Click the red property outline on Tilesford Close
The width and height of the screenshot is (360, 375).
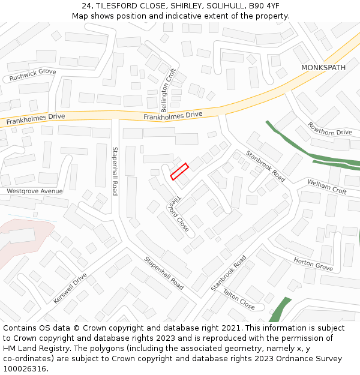click(x=179, y=172)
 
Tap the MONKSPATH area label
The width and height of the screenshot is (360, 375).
click(x=323, y=68)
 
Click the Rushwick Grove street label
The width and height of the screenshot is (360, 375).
click(x=32, y=75)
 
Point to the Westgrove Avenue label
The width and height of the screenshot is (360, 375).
click(x=35, y=191)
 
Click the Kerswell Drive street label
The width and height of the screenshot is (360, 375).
click(x=70, y=288)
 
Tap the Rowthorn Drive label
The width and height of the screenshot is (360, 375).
click(x=330, y=128)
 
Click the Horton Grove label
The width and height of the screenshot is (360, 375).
click(x=313, y=264)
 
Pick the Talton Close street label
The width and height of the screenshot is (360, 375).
click(x=239, y=298)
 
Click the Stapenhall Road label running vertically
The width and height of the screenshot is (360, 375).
click(x=115, y=170)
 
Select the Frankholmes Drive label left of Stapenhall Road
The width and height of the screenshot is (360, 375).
click(x=36, y=120)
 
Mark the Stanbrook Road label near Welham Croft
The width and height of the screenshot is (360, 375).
click(x=265, y=166)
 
